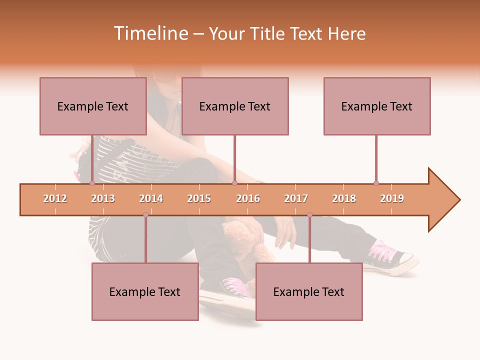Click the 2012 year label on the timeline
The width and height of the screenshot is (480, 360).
[x=55, y=198]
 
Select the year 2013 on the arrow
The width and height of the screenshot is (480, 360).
[x=103, y=198]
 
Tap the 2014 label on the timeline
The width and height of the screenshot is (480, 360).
[x=151, y=198]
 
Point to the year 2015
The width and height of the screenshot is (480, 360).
[x=199, y=198]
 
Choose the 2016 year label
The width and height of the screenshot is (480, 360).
[x=248, y=198]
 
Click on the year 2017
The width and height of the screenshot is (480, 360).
[x=296, y=198]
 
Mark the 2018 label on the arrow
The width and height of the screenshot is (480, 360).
[x=344, y=198]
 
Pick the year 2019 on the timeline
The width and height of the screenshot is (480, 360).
[x=392, y=198]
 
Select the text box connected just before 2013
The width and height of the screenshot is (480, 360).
[x=93, y=106]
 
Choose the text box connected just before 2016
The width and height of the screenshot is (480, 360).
[x=235, y=106]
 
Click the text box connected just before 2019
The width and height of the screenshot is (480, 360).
[x=377, y=106]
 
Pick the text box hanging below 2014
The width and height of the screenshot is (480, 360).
[x=145, y=291]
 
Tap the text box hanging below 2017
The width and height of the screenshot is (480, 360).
[x=309, y=291]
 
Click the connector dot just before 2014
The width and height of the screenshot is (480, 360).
[x=145, y=215]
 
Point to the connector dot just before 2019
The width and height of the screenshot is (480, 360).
[x=376, y=183]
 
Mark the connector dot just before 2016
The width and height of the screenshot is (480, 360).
[x=234, y=183]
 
